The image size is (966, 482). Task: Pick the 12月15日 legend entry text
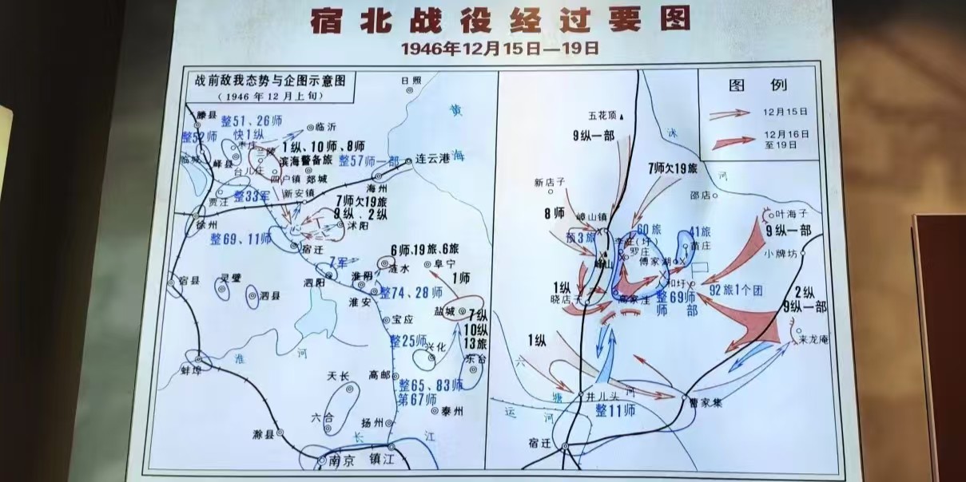(x=785, y=112)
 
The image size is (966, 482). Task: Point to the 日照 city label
(x=411, y=80)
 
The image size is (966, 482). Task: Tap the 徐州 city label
(x=206, y=225)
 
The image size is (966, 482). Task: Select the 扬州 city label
(x=373, y=421)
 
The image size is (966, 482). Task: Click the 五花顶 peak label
(x=603, y=115)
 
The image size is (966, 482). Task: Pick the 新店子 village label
(x=550, y=182)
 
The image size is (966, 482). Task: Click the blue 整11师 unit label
(x=615, y=411)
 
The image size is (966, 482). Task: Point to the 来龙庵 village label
(x=814, y=339)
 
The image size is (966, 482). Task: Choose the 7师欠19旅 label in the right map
(x=673, y=168)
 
